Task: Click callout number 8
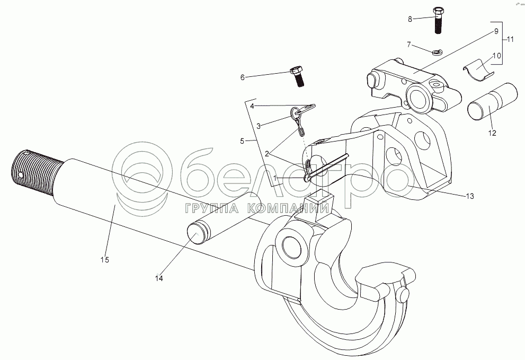410,19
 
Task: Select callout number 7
408,45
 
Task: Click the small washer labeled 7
437,51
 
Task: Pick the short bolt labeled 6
298,77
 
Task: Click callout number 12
492,133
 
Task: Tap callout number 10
496,56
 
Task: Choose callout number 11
510,40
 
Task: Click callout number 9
496,31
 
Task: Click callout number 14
158,277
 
